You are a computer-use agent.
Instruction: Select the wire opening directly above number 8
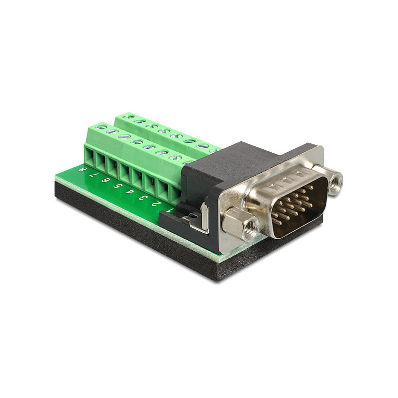coord(90,157)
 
